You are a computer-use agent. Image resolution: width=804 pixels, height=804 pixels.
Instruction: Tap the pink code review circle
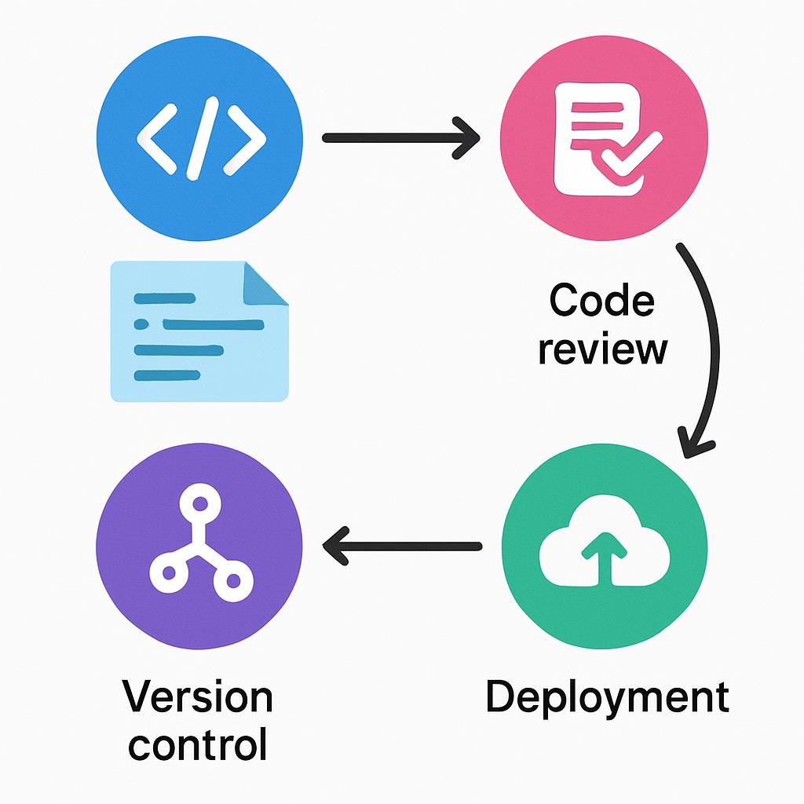click(604, 137)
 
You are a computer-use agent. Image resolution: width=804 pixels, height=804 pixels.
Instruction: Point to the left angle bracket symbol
click(156, 139)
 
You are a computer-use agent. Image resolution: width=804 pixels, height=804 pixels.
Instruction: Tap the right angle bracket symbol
click(245, 139)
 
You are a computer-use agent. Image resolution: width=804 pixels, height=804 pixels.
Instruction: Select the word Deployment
click(606, 697)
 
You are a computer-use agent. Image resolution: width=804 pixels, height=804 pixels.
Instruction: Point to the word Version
click(199, 697)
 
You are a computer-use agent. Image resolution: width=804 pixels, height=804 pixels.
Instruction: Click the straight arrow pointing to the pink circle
click(400, 137)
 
